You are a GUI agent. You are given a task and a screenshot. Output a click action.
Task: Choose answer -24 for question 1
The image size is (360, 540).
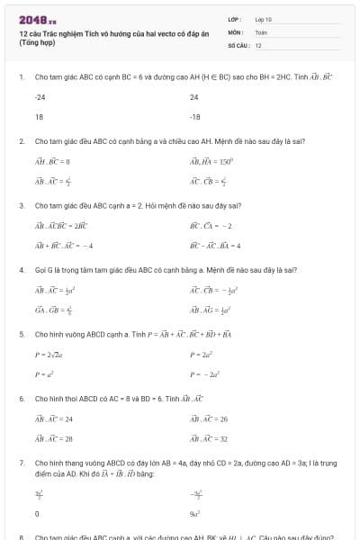coord(40,96)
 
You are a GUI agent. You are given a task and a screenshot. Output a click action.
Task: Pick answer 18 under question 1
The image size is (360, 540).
coord(39,116)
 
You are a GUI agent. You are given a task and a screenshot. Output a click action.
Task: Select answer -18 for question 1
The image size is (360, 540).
coord(195,116)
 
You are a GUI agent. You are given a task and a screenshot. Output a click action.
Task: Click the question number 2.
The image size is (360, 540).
coord(21,141)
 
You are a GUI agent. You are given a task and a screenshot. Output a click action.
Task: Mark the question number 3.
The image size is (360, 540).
coord(21,205)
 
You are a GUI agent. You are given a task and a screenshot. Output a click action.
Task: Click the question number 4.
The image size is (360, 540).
coord(21,269)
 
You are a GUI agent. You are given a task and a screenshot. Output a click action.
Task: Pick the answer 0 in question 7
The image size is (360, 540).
coord(37,513)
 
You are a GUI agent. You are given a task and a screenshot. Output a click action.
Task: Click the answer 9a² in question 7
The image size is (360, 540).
coord(194,513)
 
